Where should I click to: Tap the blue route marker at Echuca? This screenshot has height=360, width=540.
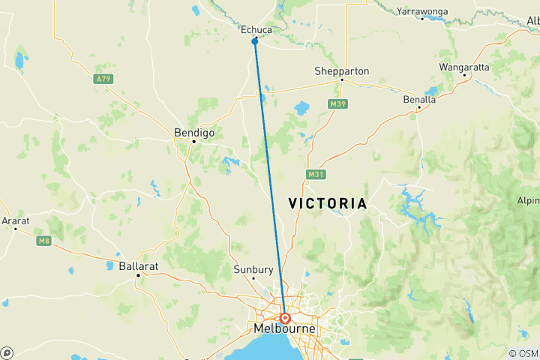255,41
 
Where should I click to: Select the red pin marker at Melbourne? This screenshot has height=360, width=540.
286,318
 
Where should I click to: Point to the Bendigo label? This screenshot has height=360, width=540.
194,132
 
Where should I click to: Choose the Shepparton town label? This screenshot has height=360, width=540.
342,70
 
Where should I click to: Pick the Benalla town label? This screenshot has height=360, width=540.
420,99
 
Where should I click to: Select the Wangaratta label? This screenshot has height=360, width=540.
463,67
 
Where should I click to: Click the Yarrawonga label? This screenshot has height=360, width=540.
423,11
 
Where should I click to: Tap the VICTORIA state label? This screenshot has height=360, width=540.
328,204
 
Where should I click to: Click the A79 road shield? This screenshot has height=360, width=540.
103,79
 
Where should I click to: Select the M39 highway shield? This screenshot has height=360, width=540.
335,103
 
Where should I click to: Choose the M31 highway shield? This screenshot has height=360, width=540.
315,175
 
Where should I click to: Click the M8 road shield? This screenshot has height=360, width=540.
43,240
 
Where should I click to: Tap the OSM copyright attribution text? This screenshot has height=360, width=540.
523,353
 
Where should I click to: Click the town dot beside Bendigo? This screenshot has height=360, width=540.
193,141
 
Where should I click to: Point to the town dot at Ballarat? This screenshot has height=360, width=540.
139,275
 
